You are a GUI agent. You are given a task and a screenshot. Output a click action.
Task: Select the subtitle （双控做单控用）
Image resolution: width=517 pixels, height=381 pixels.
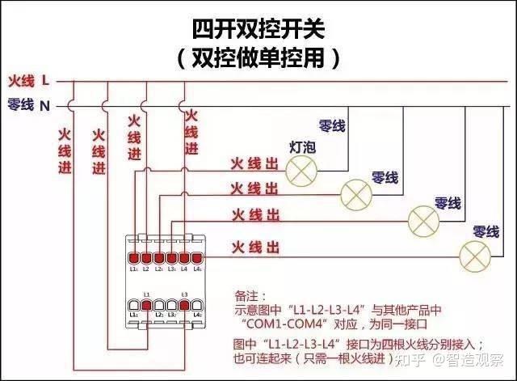point(258,57)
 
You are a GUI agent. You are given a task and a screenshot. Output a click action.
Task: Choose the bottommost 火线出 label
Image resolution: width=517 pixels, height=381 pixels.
point(256,245)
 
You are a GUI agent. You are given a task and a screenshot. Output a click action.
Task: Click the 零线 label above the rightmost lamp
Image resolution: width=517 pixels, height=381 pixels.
point(485,231)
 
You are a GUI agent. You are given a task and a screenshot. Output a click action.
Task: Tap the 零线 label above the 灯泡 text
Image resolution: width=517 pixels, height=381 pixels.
point(332,126)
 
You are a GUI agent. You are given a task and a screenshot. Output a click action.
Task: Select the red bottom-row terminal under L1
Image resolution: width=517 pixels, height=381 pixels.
point(146,304)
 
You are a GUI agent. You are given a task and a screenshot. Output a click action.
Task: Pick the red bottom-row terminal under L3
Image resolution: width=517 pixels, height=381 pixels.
point(184,304)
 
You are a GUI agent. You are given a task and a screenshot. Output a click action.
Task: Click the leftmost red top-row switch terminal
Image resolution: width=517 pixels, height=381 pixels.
point(134,258)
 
